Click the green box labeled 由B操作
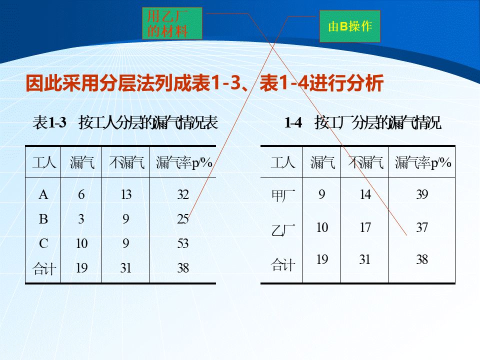pos(350,26)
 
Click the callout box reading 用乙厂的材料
pos(172,23)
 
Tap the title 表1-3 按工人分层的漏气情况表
pos(125,122)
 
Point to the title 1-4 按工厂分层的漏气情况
pos(363,122)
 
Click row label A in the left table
pos(43,194)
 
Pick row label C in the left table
pos(43,243)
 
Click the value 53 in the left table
pos(183,243)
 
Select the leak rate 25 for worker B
pos(183,219)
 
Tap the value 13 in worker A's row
pos(126,194)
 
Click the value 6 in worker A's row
pos(81,194)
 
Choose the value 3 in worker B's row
pos(81,219)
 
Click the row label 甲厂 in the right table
pos(283,195)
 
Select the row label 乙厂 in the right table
pos(283,230)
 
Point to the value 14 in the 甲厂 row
pos(365,194)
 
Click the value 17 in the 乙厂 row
pos(365,227)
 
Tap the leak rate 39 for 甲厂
pos(422,194)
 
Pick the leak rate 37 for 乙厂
pos(422,227)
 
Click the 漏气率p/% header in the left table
pos(184,162)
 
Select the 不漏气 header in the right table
pos(365,162)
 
